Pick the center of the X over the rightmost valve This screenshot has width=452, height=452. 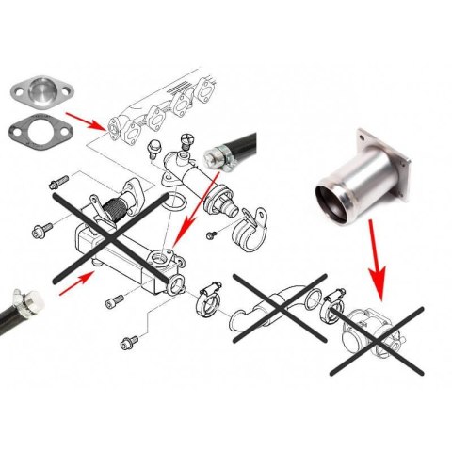pos(377,334)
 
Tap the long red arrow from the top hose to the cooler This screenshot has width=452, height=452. pos(193,227)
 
